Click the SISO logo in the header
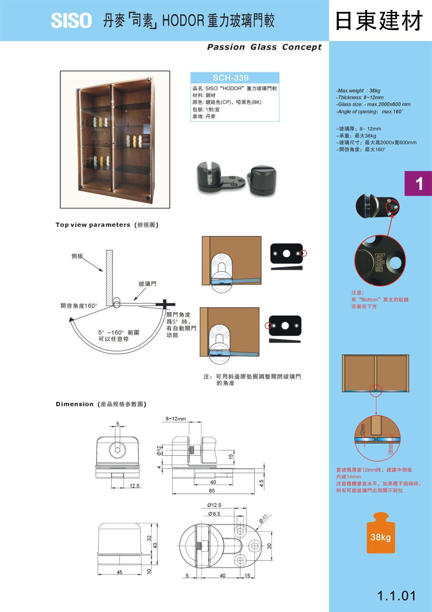coord(71,20)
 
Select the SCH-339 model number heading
coord(230,78)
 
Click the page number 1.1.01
coord(396,596)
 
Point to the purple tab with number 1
coord(419,184)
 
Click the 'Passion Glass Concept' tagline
coord(264,47)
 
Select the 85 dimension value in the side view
coord(212,491)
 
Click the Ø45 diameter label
coord(264,519)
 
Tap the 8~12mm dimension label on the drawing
coord(176,419)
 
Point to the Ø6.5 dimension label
coord(214,514)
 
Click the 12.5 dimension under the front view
coord(134,486)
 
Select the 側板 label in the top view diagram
coord(77,256)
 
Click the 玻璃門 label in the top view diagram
coord(147,284)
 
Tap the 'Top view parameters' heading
coord(93,225)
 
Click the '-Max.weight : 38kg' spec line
coord(358,91)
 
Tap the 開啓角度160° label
coord(79,306)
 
